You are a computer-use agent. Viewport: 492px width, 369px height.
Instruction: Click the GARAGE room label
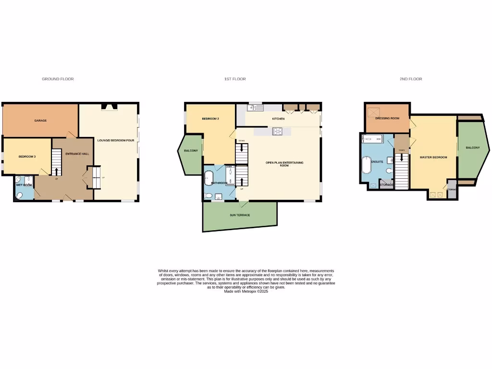40,120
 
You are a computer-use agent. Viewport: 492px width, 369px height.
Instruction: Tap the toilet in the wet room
19,195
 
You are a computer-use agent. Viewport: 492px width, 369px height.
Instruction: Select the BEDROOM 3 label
27,157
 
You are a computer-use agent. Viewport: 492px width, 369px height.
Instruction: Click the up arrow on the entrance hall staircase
57,172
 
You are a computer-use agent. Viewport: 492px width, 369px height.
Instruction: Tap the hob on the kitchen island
278,131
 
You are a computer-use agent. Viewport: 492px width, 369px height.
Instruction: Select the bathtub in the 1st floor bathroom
209,177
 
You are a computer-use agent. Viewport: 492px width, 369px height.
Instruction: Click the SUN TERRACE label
240,215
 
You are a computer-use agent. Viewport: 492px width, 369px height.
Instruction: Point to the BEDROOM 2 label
210,118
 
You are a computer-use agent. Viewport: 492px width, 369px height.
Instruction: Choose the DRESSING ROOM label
387,118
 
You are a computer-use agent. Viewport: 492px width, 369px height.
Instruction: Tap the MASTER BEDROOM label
433,157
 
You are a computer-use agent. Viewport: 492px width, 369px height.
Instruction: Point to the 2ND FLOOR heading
411,79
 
